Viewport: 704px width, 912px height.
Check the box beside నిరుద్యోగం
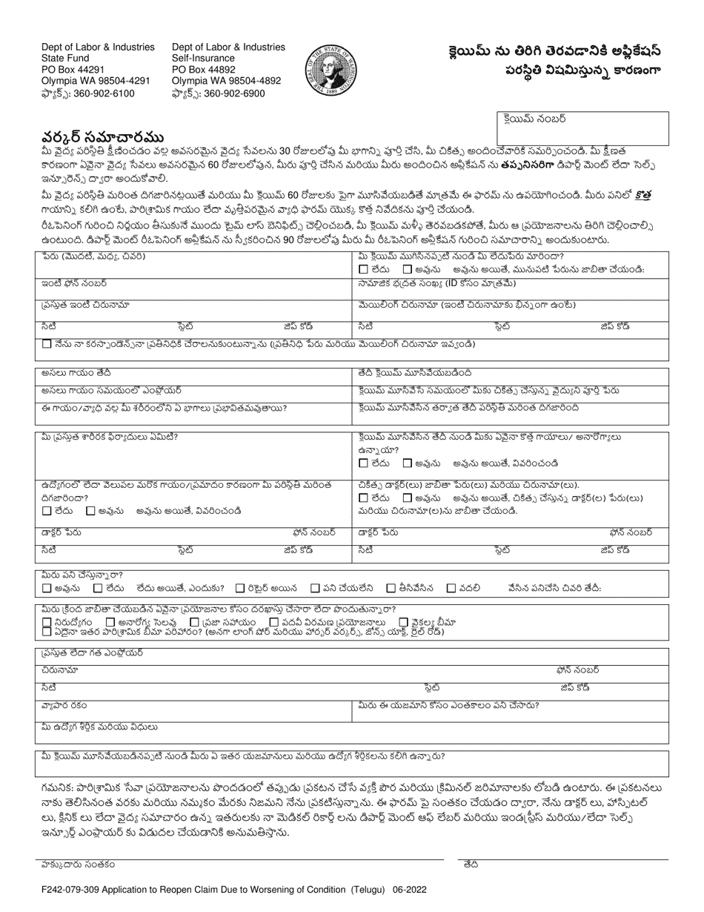pyautogui.click(x=47, y=622)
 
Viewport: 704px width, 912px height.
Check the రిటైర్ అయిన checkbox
pyautogui.click(x=240, y=588)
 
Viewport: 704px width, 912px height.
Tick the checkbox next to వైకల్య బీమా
pyautogui.click(x=404, y=622)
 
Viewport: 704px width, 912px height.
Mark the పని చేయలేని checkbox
pyautogui.click(x=316, y=588)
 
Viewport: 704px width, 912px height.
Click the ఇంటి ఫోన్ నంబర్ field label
pyautogui.click(x=74, y=283)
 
